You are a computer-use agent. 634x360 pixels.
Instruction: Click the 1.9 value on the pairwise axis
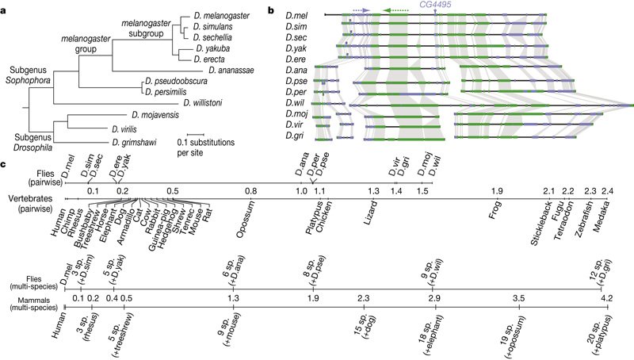pos(497,192)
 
